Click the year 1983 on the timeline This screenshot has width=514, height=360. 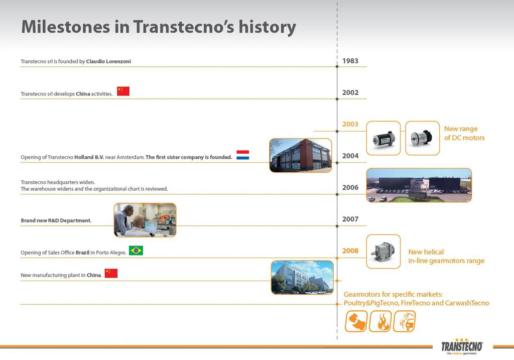[350, 61]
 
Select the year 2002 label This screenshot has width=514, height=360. [350, 92]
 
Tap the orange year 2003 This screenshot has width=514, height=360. [350, 124]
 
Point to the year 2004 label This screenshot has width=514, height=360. [350, 156]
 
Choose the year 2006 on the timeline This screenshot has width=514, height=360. [350, 187]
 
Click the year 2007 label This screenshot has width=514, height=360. [350, 219]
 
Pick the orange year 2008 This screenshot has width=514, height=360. [350, 251]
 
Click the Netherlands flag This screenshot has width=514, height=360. [242, 155]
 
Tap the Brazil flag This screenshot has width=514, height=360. [136, 250]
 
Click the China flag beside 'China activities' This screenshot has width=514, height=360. [123, 91]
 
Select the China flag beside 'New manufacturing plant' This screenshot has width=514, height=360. [111, 273]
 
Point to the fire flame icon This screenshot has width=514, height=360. [380, 321]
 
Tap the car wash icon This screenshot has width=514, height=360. [404, 321]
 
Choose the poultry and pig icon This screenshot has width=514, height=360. [356, 321]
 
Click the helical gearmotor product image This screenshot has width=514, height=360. [383, 251]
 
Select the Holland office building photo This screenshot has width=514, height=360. [300, 155]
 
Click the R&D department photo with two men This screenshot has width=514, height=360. [145, 219]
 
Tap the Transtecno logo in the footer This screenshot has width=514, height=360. [462, 347]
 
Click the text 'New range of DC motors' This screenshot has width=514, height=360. [464, 133]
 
